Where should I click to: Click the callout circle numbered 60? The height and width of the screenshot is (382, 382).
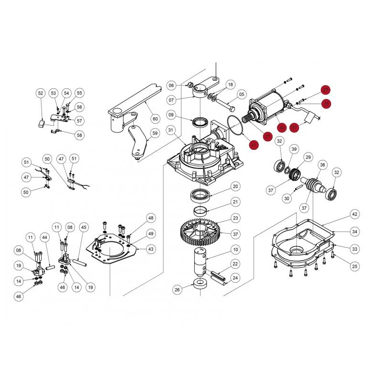pos(155,118)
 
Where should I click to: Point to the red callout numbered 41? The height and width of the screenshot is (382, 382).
pos(253,145)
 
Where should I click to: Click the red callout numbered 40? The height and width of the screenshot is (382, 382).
pos(282,127)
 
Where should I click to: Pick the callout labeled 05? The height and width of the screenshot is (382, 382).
pos(242,94)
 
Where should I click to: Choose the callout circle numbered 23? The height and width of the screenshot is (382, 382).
pos(235,218)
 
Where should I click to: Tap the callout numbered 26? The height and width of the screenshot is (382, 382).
pos(178,289)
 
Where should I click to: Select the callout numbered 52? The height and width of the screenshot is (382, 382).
pos(40,93)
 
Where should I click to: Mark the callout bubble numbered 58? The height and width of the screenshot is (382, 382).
pos(79,135)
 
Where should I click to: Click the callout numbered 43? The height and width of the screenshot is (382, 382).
pos(151,249)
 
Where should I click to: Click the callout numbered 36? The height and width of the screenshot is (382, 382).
pos(323,165)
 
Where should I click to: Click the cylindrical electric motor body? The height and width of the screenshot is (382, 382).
pos(270,106)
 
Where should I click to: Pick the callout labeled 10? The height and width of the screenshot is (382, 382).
pos(235,249)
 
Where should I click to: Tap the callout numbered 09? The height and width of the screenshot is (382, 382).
pos(171,115)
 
